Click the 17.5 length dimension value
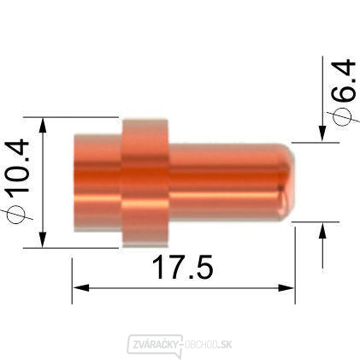point(182,268)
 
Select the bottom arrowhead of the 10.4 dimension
point(43,240)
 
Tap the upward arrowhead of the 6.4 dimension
point(322,229)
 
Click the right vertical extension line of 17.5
point(295,257)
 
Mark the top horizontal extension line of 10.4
point(77,116)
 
